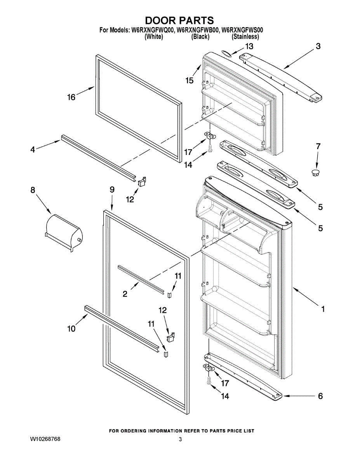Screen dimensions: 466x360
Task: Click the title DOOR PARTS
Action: click(x=179, y=20)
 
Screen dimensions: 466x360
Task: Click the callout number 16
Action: click(x=71, y=97)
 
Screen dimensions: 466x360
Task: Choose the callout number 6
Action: click(x=320, y=396)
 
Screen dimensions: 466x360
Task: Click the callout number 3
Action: click(x=318, y=46)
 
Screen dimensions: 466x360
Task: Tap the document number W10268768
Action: click(x=45, y=439)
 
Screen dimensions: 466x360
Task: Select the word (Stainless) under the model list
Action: click(x=245, y=37)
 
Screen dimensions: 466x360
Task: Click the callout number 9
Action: click(x=112, y=190)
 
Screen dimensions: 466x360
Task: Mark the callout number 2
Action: click(x=125, y=294)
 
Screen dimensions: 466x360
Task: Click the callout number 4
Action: click(x=33, y=149)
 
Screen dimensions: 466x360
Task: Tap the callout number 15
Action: click(x=189, y=80)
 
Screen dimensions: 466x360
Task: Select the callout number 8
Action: click(x=33, y=190)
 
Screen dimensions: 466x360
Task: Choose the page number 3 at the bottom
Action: click(x=180, y=439)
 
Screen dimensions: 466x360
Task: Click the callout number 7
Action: click(x=318, y=146)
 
